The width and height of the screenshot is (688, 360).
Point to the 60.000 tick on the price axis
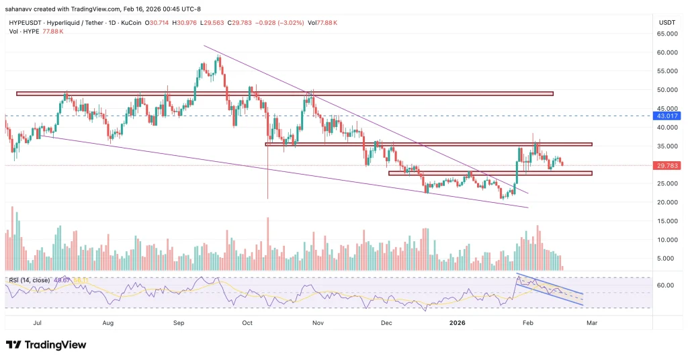click(666, 52)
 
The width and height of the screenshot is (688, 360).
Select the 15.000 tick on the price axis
click(666, 221)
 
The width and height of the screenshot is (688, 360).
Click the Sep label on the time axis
click(179, 322)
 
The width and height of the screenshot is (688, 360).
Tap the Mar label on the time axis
click(592, 322)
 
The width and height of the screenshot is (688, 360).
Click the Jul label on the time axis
click(38, 322)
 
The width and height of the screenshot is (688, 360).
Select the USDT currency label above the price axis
click(667, 23)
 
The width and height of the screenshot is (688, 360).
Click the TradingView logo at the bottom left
click(46, 345)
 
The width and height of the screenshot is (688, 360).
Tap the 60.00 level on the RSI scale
click(665, 285)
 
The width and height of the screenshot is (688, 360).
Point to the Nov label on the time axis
click(318, 322)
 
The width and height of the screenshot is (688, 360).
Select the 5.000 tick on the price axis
click(666, 258)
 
